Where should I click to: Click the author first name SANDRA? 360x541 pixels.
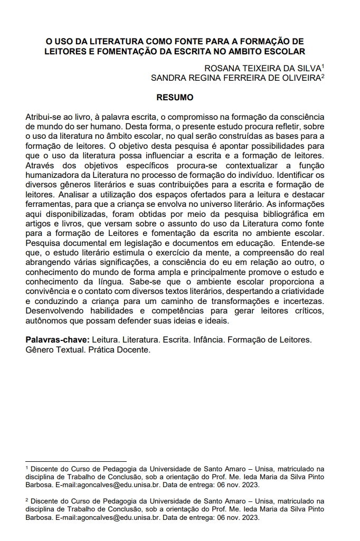(x=168, y=78)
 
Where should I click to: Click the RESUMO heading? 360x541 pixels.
(x=175, y=98)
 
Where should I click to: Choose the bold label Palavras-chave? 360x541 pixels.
(x=57, y=339)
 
